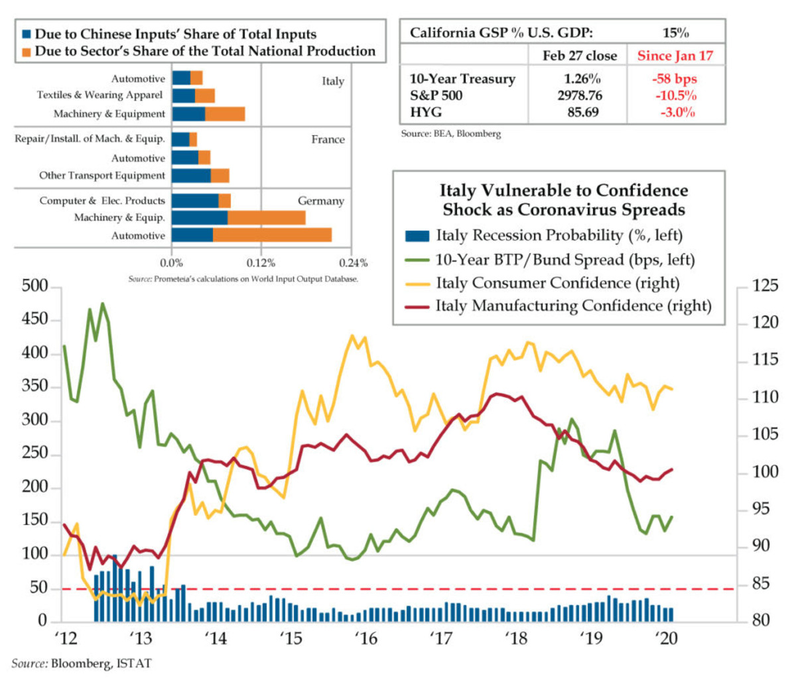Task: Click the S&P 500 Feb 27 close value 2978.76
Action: pyautogui.click(x=580, y=95)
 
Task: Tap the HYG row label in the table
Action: pyautogui.click(x=426, y=112)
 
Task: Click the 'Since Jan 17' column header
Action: pyautogui.click(x=675, y=56)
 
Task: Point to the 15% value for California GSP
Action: pyautogui.click(x=675, y=32)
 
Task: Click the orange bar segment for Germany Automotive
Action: pyautogui.click(x=272, y=235)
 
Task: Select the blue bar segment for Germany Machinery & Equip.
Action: pyautogui.click(x=200, y=218)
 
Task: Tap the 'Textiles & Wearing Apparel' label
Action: pyautogui.click(x=99, y=95)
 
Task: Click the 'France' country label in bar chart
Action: pyautogui.click(x=328, y=140)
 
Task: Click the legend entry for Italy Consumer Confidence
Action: pyautogui.click(x=557, y=283)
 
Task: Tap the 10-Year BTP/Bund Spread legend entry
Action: pyautogui.click(x=564, y=259)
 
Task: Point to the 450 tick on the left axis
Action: pyautogui.click(x=35, y=319)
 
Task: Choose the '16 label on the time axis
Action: pyautogui.click(x=365, y=638)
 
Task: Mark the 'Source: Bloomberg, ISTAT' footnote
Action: pyautogui.click(x=81, y=663)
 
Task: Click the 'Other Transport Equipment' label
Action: pyautogui.click(x=102, y=176)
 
